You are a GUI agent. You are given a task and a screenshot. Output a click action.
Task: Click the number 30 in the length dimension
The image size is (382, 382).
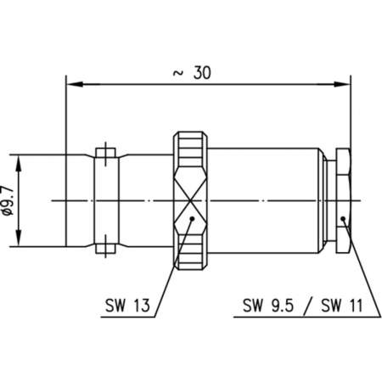click(201, 73)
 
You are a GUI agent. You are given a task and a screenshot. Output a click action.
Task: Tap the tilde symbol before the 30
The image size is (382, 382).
click(177, 73)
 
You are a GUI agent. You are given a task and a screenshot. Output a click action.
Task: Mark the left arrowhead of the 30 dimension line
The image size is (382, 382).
click(72, 84)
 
